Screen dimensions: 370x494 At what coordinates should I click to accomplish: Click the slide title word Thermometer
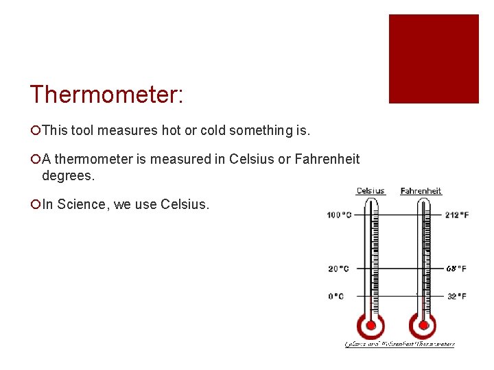point(106,95)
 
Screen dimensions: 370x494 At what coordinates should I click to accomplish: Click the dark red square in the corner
point(434,59)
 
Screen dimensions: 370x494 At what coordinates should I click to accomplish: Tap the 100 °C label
point(340,215)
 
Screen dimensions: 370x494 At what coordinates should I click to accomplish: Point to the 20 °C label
point(338,269)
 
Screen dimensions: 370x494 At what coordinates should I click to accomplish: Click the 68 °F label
point(456,269)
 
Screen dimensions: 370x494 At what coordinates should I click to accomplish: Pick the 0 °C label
point(336,296)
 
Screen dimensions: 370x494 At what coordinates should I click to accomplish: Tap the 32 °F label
point(456,296)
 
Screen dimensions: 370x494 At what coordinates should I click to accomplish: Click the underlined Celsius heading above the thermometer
point(370,190)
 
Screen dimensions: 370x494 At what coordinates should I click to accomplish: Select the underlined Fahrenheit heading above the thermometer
point(421,190)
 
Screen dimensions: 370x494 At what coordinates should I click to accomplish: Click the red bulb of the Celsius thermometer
point(371,325)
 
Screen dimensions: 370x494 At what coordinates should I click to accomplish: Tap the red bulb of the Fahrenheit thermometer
point(423,325)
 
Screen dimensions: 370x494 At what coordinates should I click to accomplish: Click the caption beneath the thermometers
point(399,344)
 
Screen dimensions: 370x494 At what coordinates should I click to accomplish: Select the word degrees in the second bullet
point(69,175)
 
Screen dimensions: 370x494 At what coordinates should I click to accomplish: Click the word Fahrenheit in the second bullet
point(327,159)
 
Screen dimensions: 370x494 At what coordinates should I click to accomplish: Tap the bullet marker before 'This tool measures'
point(34,130)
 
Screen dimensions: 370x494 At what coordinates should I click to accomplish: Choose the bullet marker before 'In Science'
point(34,204)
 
